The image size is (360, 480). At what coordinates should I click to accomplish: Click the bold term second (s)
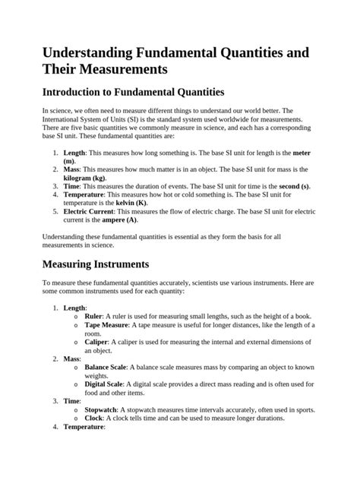(x=294, y=186)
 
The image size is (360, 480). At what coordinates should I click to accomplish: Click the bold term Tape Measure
(x=106, y=324)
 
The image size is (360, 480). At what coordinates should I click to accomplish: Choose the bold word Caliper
(x=97, y=341)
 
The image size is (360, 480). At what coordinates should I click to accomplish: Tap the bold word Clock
(x=94, y=418)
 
